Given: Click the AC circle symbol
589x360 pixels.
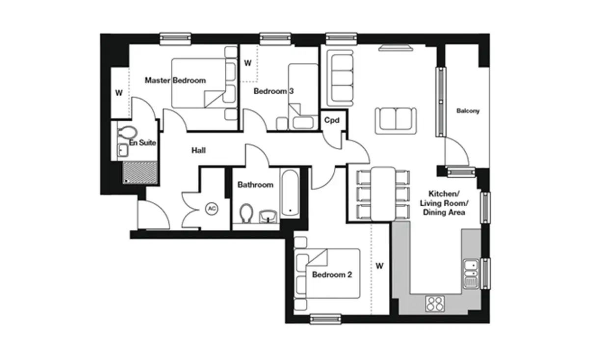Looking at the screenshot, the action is point(212,209).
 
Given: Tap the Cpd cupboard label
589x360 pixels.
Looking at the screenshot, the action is point(332,120).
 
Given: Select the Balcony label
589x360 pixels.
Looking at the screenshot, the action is point(468,111).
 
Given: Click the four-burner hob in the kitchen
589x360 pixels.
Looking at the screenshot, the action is point(435,304).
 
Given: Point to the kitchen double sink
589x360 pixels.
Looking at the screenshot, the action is point(471,274).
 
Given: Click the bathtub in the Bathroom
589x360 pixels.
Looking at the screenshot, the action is point(290,193).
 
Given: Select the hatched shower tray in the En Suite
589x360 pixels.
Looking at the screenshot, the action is point(140,172).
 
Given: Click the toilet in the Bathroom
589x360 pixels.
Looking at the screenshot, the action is point(246,213).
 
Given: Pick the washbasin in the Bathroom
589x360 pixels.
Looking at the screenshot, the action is point(268,217).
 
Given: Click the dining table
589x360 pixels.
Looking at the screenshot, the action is point(383,194).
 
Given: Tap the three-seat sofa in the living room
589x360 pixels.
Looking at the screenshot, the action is point(340,78).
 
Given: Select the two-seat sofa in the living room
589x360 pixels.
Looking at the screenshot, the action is point(396,121).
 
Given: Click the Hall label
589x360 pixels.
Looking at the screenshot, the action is point(198,150).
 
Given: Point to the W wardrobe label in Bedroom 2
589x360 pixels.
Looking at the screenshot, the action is point(379,266).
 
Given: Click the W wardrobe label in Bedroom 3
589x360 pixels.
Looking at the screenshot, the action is point(248,63).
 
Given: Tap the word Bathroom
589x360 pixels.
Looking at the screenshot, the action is point(255,185).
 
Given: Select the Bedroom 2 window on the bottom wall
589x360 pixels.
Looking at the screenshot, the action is point(325,319).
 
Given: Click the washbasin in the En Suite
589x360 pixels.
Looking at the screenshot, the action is point(123,150).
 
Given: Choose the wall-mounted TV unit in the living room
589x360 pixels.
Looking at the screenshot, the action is point(396,48).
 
